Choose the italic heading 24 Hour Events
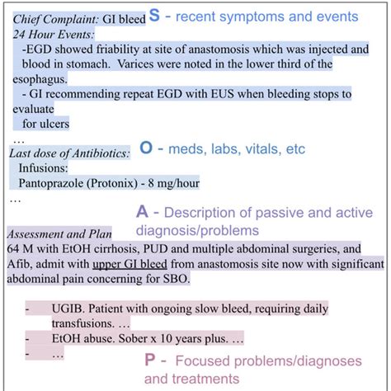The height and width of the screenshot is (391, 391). point(52,33)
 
